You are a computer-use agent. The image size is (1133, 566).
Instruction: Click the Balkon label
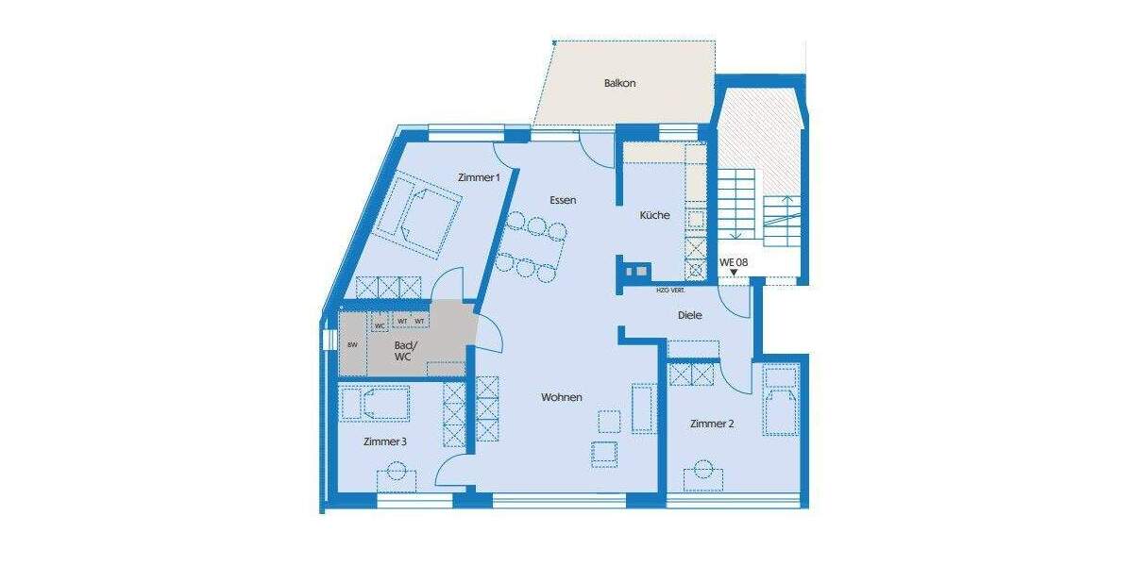coord(620,83)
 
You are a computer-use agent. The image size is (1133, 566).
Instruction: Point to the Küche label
coord(654,215)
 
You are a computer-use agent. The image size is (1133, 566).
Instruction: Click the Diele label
coord(690,315)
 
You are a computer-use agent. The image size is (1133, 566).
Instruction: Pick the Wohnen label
coord(561,398)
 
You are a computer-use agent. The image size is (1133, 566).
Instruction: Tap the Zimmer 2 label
coord(712,424)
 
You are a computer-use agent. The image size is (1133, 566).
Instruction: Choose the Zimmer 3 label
coord(385,441)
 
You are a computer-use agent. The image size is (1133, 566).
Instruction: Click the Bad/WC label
coord(402,351)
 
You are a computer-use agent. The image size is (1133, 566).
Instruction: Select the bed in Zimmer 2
coord(781,400)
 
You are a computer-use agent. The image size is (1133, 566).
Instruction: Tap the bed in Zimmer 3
coord(375,404)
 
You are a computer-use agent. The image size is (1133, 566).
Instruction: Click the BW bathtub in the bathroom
coord(352,345)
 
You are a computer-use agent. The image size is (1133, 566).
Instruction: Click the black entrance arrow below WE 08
coord(735,273)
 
